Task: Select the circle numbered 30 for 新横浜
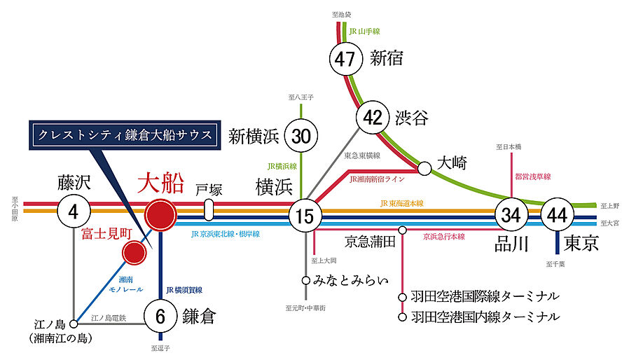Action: (300, 136)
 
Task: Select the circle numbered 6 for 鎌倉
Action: (161, 316)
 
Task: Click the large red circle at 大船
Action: (161, 215)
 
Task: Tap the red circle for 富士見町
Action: (134, 253)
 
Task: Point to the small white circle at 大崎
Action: (424, 168)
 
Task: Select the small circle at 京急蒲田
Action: (402, 230)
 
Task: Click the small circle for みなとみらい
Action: (305, 280)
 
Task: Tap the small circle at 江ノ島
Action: (74, 324)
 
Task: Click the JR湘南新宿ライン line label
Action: (375, 179)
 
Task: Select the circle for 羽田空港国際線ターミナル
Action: (402, 296)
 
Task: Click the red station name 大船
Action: (160, 183)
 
